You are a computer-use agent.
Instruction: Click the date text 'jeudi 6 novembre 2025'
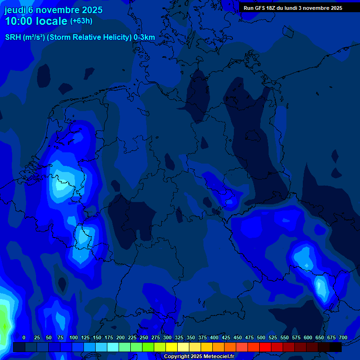(53, 10)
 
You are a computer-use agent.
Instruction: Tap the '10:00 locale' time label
(36, 21)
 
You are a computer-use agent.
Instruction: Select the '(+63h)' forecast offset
(81, 21)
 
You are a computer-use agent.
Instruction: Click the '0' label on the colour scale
(24, 337)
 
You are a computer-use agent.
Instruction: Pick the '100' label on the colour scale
(74, 337)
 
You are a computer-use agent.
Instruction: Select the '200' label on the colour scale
(120, 337)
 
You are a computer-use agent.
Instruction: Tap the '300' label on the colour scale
(167, 337)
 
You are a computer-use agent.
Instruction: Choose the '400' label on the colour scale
(214, 337)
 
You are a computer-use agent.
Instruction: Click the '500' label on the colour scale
(261, 337)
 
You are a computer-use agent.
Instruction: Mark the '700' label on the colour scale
(343, 337)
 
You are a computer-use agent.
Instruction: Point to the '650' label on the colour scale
(320, 337)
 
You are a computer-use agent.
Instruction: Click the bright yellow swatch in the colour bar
(172, 347)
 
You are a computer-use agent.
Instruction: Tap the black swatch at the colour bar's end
(336, 347)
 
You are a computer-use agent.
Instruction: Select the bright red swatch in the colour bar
(265, 347)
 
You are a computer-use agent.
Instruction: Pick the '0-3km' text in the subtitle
(144, 37)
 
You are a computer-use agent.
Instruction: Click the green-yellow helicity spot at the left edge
(4, 323)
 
